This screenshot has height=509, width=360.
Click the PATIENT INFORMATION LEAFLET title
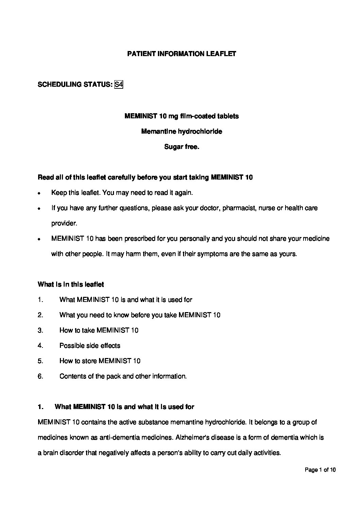(x=181, y=54)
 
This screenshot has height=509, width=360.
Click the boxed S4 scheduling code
(x=118, y=84)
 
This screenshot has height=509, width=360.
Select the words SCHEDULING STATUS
(x=75, y=84)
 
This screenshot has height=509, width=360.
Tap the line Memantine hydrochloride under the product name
(x=181, y=131)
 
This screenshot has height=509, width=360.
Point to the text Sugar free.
(x=181, y=147)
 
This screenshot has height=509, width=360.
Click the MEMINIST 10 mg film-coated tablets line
(x=181, y=116)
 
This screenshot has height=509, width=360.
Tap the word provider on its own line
(x=64, y=223)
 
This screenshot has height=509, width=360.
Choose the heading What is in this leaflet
(x=71, y=284)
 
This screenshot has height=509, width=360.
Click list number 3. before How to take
(x=40, y=330)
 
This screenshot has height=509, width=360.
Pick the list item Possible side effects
(x=90, y=345)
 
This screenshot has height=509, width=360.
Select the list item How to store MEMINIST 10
(x=100, y=361)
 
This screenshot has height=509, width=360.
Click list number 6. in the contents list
(x=40, y=376)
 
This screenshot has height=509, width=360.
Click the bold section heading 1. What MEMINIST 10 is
(x=116, y=407)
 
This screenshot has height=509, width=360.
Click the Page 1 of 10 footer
(x=320, y=470)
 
